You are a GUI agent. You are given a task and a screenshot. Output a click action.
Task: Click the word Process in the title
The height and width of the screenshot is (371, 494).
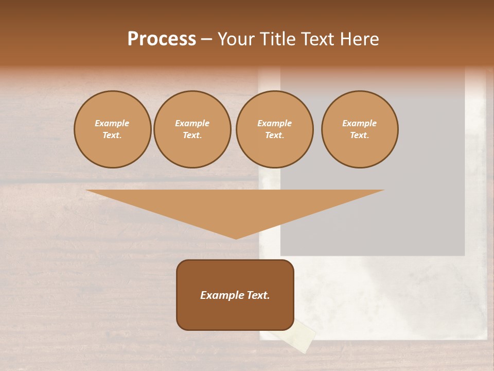(162, 39)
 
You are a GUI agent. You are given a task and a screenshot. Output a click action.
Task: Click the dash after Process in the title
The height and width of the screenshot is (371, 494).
(206, 40)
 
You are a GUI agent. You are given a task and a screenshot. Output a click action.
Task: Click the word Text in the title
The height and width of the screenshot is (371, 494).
(318, 39)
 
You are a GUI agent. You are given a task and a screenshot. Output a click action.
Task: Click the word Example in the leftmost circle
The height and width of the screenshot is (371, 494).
(112, 123)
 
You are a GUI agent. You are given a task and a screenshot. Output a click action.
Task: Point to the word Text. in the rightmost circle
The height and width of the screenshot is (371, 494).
(360, 136)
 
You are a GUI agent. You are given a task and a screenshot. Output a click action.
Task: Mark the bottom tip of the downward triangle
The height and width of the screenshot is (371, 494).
(236, 238)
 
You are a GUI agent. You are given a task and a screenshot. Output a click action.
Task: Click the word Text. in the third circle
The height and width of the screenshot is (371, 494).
(275, 136)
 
